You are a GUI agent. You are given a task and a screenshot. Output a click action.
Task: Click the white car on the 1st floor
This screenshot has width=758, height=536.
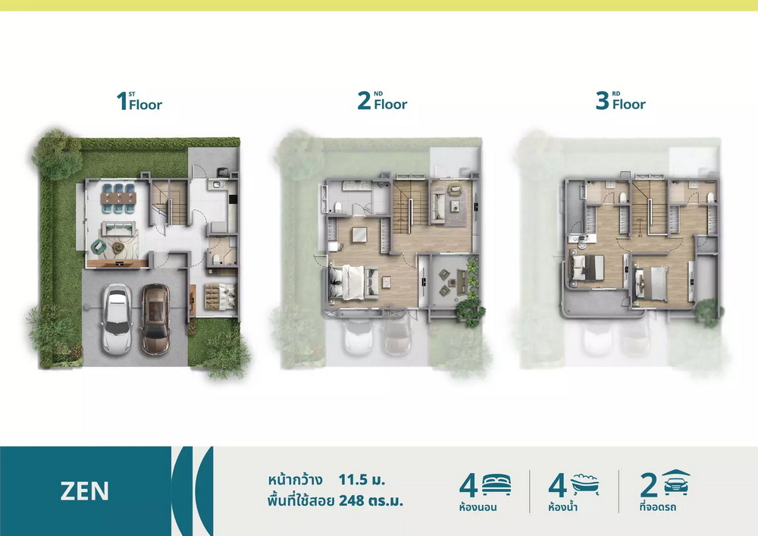pos(117,319)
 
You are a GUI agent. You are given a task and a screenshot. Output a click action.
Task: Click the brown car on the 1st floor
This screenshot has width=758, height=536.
pos(155,318)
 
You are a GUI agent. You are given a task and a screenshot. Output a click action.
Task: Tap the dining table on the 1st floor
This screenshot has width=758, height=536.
pos(118,198)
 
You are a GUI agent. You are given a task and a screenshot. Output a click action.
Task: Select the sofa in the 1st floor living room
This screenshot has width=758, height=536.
pos(118,228)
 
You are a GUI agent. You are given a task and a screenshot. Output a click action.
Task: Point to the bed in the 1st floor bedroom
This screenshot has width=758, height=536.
pos(219,296)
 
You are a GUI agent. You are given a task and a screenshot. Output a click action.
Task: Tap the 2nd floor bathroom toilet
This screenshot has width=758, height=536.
pos(338,207)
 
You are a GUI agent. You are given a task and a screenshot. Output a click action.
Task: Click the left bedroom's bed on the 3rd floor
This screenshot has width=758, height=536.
pos(587,268)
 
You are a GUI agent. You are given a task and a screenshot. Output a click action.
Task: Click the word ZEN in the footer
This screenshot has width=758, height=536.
pos(85,491)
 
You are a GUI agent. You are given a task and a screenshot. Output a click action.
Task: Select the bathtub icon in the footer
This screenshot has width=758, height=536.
pos(585,484)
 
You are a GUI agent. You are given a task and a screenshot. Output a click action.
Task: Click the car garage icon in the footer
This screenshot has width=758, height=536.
pos(676,482)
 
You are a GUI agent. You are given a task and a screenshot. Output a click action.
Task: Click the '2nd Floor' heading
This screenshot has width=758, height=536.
pos(382,101)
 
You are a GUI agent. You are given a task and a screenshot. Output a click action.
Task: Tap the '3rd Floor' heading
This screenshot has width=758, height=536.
pos(621,101)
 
